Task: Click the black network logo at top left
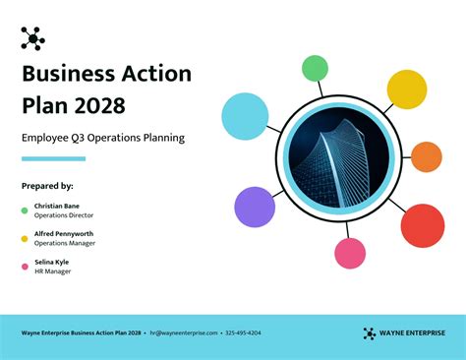click(32, 38)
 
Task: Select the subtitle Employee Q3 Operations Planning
click(102, 139)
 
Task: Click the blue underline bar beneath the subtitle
click(53, 158)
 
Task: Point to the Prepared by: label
click(47, 185)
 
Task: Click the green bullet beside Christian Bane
click(25, 210)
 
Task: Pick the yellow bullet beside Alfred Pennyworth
click(25, 238)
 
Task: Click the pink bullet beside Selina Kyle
click(25, 267)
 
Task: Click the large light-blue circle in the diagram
click(245, 114)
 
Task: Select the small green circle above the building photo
click(315, 68)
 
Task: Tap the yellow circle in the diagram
click(406, 90)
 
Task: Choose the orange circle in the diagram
click(426, 156)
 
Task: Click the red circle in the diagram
click(423, 225)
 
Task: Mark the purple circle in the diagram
click(255, 207)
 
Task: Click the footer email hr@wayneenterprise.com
click(184, 333)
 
